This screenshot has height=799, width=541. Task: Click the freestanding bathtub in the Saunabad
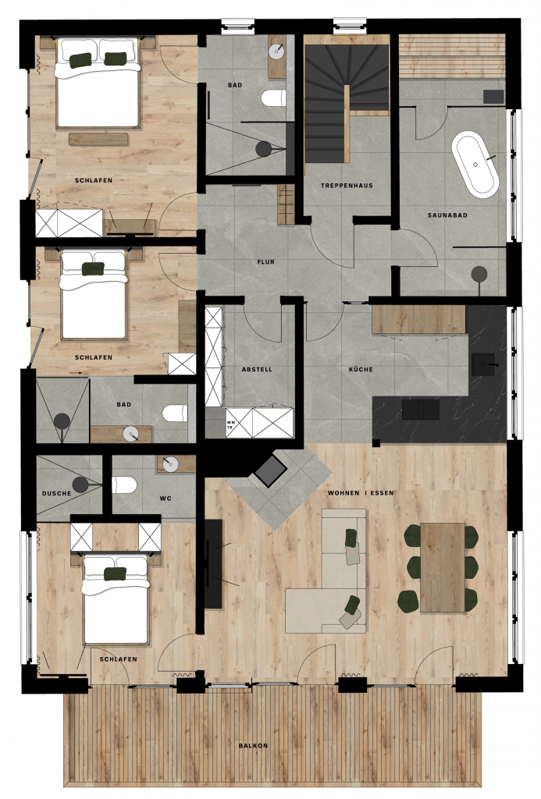475,165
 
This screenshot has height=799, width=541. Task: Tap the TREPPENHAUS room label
347,186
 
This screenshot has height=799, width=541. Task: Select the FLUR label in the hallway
265,262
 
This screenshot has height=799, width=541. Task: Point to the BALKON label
254,745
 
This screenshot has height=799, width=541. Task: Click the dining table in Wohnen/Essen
442,567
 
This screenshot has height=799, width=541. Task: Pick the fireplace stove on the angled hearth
270,471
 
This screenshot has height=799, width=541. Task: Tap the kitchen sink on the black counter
482,364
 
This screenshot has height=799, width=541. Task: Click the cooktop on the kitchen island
421,410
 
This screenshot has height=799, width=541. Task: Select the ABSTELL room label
257,369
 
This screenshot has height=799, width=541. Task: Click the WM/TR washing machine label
230,425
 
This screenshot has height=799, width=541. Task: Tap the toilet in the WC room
124,485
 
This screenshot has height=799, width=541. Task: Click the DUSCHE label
57,493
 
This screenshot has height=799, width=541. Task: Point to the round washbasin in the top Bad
277,50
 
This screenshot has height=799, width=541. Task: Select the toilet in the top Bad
274,98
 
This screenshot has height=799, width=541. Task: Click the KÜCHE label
361,369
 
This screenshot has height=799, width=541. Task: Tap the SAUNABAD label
447,215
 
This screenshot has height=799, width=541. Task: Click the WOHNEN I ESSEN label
361,493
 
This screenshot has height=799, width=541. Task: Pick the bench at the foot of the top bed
98,139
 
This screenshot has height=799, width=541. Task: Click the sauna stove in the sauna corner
493,97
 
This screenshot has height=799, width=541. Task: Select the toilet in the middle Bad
176,413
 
